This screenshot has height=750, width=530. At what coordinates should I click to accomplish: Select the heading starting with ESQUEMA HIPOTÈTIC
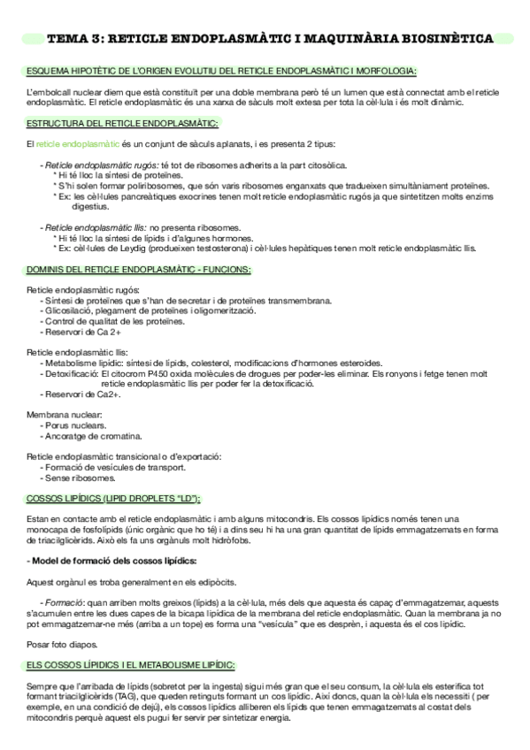click(x=221, y=71)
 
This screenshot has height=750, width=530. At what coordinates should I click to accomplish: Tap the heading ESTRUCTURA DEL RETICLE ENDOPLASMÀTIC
click(x=124, y=123)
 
